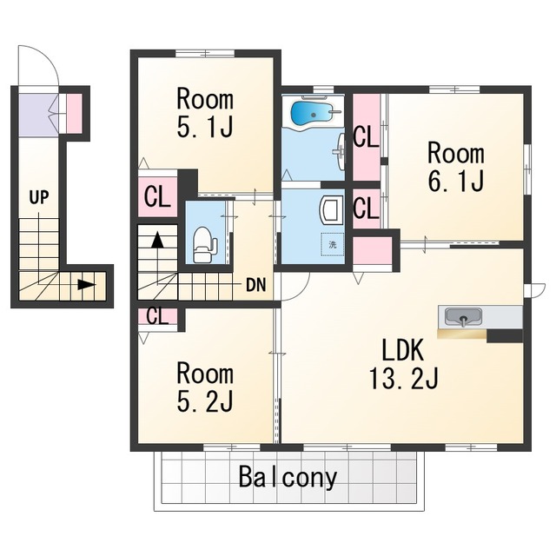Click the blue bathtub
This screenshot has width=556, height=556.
[x=311, y=113]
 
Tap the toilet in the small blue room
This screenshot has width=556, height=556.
[x=204, y=245]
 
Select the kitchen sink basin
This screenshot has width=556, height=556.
[x=463, y=316]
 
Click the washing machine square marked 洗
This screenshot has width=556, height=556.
[x=332, y=244]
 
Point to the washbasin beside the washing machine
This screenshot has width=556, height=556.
[x=332, y=211]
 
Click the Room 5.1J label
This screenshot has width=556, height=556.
[x=205, y=114]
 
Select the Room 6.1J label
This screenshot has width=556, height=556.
[x=456, y=167]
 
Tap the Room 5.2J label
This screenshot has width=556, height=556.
[x=205, y=387]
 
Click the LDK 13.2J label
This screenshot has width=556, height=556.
[x=404, y=364]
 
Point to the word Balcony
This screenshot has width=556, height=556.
[x=288, y=477]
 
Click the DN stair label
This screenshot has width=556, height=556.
[x=255, y=285]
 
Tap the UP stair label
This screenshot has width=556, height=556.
[x=39, y=197]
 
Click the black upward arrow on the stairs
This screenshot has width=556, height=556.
[x=157, y=240]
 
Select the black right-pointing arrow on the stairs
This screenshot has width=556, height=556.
[x=87, y=284]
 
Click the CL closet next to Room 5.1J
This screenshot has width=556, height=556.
[x=157, y=197]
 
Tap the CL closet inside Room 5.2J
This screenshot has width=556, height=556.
[x=157, y=316]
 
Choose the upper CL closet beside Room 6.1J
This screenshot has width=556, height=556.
[x=367, y=137]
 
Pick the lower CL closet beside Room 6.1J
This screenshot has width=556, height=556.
[x=367, y=208]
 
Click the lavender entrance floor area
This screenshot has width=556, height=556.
[x=38, y=116]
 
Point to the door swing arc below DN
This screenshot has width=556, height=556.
[x=301, y=289]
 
